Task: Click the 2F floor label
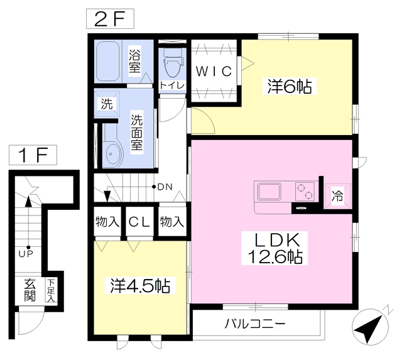pyautogui.click(x=110, y=19)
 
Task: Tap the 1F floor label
pyautogui.click(x=33, y=155)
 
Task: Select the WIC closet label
pyautogui.click(x=214, y=71)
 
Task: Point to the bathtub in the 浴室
pyautogui.click(x=108, y=62)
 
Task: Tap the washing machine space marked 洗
pyautogui.click(x=107, y=104)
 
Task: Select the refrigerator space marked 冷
pyautogui.click(x=337, y=197)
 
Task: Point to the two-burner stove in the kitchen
pyautogui.click(x=305, y=192)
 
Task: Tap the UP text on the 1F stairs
pyautogui.click(x=26, y=254)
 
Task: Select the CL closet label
pyautogui.click(x=139, y=222)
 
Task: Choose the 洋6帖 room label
pyautogui.click(x=290, y=87)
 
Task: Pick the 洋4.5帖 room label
pyautogui.click(x=140, y=286)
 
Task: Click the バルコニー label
pyautogui.click(x=255, y=324)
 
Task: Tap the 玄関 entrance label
pyautogui.click(x=30, y=290)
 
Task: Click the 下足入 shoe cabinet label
pyautogui.click(x=51, y=290)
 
